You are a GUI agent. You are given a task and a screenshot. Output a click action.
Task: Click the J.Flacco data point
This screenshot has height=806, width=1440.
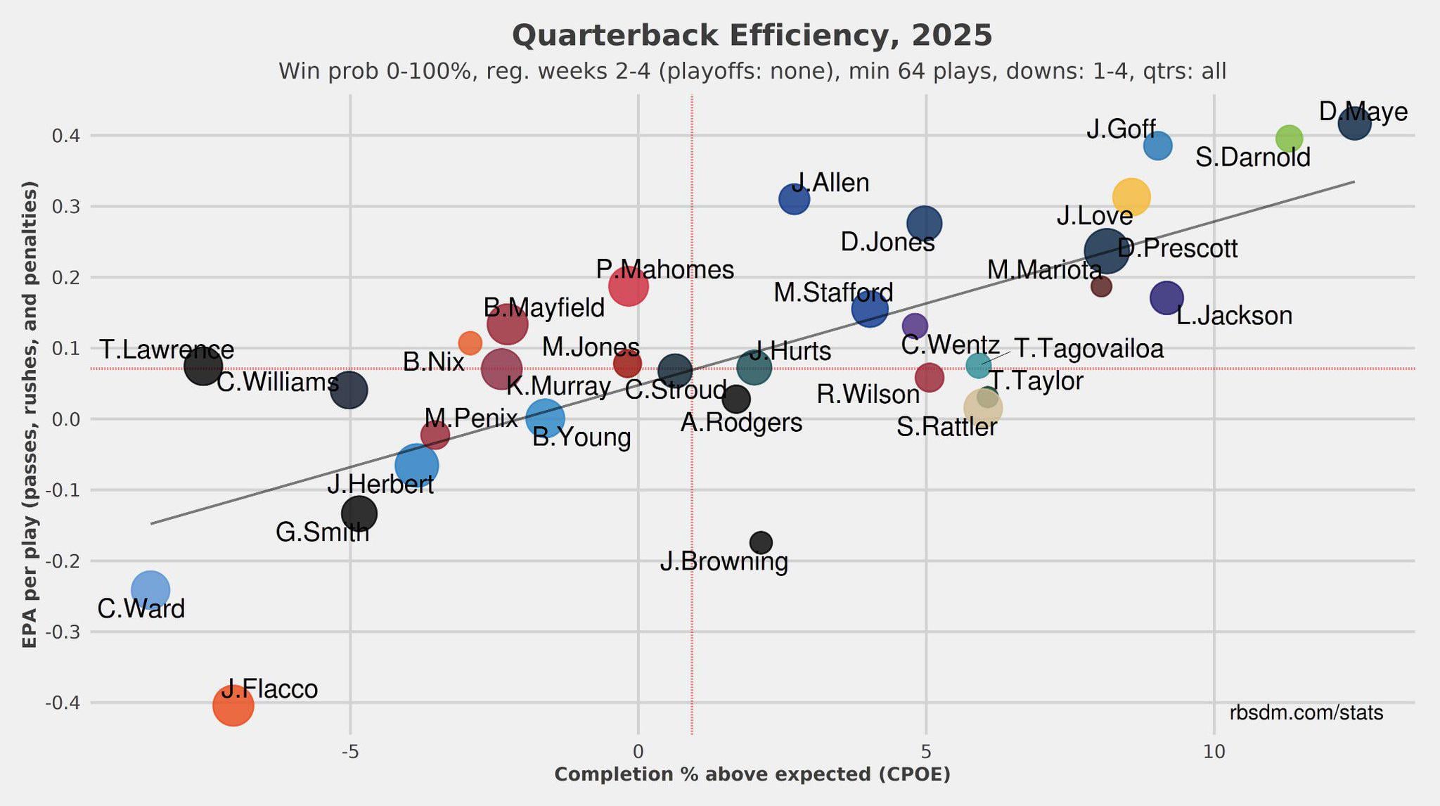pos(233,705)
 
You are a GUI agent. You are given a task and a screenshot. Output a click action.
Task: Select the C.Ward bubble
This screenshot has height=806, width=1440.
pos(150,589)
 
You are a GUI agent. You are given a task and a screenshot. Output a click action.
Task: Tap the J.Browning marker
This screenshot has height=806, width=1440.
pos(761,542)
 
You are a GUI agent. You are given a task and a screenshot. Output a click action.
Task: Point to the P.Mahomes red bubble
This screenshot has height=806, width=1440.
pos(628,286)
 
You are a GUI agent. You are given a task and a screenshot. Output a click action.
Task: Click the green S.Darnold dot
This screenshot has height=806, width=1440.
pos(1289,139)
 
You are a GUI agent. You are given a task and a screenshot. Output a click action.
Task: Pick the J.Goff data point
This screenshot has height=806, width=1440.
pos(1157,146)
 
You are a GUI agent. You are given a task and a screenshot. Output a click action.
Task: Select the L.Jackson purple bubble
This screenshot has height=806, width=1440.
pos(1166,298)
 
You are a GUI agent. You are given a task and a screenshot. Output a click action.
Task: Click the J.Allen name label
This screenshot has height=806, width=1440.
pos(831,183)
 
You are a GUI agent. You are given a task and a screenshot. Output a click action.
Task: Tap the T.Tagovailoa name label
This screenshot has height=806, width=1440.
pos(1088,348)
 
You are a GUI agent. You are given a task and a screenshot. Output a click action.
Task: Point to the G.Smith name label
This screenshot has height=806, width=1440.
pos(322,532)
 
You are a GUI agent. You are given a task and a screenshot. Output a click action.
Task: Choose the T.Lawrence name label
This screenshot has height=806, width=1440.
pos(167,350)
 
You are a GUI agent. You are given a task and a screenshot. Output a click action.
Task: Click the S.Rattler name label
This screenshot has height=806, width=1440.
pos(946,427)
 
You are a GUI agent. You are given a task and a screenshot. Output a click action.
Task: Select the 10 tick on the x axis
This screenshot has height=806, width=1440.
pos(1214,752)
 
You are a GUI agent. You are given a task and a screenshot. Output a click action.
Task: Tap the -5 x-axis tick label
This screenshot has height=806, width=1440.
pos(350,752)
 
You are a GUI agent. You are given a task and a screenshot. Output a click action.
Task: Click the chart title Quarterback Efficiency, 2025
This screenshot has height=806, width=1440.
pos(752,36)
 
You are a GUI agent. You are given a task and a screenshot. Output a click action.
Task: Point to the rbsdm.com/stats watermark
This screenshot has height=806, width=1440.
pos(1306,713)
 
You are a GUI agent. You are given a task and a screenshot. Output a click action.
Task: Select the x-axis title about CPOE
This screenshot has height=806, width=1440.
pos(752,775)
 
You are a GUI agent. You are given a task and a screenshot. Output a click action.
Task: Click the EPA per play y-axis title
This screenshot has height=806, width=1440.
pos(30,415)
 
